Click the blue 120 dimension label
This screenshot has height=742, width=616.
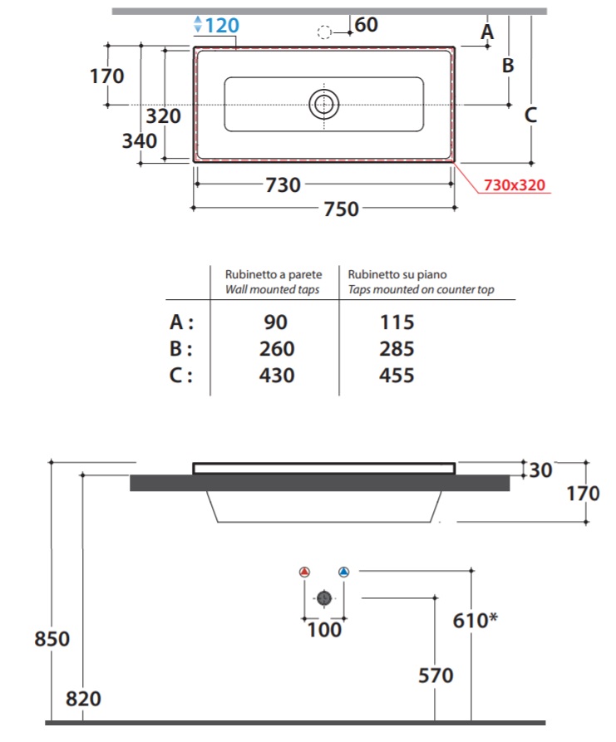pyautogui.click(x=222, y=25)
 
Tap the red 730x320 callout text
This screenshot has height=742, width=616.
pyautogui.click(x=515, y=185)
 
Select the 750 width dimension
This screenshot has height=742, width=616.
pyautogui.click(x=341, y=209)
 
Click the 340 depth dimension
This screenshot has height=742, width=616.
pyautogui.click(x=139, y=141)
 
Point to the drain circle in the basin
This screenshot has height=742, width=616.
pyautogui.click(x=324, y=104)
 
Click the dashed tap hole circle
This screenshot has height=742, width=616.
pyautogui.click(x=324, y=32)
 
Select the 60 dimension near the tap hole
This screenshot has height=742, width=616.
pyautogui.click(x=366, y=25)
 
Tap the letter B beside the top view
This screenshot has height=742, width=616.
pyautogui.click(x=508, y=66)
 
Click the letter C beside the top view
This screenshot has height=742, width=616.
pyautogui.click(x=530, y=115)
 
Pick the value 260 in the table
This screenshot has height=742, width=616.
pyautogui.click(x=277, y=349)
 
